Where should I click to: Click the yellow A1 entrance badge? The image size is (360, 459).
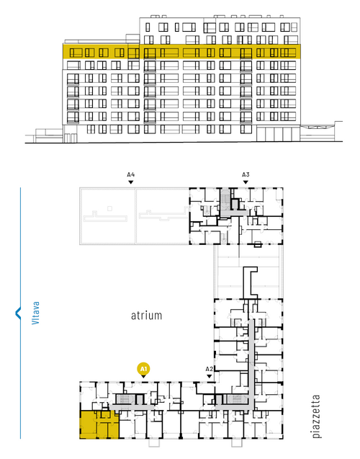click(143, 369)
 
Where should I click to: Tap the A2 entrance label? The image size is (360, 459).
click(209, 369)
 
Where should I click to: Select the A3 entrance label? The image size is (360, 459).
click(246, 175)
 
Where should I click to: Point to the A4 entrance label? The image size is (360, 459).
click(131, 175)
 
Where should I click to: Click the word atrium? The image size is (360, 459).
click(146, 316)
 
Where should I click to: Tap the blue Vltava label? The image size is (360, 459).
click(35, 313)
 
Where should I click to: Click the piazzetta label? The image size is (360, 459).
click(316, 416)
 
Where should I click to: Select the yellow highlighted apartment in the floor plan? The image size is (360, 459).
click(99, 424)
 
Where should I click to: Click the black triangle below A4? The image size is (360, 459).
click(131, 182)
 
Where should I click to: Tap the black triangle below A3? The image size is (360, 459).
click(246, 182)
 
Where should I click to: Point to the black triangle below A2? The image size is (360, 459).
click(209, 376)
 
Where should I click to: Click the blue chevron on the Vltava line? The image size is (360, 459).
click(18, 313)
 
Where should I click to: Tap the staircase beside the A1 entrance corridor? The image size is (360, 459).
click(125, 399)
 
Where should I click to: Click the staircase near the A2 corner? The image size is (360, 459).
click(236, 399)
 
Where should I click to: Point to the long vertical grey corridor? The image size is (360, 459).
click(251, 363)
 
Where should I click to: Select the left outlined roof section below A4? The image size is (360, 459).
click(107, 216)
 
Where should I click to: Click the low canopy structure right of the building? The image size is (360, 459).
click(321, 132)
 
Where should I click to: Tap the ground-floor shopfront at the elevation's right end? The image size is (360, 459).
click(278, 134)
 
